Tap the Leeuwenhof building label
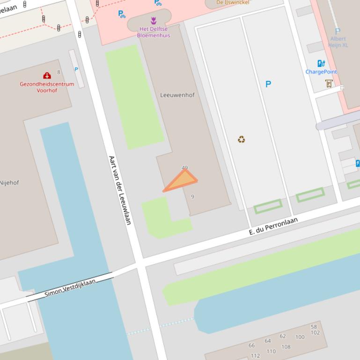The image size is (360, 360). coord(177,95)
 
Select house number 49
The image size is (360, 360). coord(184,167)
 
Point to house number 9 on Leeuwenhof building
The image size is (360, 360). coord(192,197)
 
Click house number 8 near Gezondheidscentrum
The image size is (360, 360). coord(59,72)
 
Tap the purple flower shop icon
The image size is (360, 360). coord(154,21)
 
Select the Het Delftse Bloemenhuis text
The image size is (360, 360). coord(154,32)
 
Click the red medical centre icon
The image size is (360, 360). coord(47,76)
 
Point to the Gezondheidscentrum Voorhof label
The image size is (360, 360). coord(47,87)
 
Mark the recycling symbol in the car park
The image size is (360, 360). coord(241,139)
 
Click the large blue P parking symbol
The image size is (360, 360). coord(268,84)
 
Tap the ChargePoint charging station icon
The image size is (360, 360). coord(321,64)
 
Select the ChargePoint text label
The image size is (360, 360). coord(321,72)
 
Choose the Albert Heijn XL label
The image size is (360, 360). coord(338,42)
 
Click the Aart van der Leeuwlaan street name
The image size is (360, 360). coord(120,190)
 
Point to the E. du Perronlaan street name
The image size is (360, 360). coord(273,226)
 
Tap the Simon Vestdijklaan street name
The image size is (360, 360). coord(70,287)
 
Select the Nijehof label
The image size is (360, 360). coord(9,183)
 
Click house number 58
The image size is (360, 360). coord(314,327)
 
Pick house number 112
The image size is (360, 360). coord(255,356)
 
